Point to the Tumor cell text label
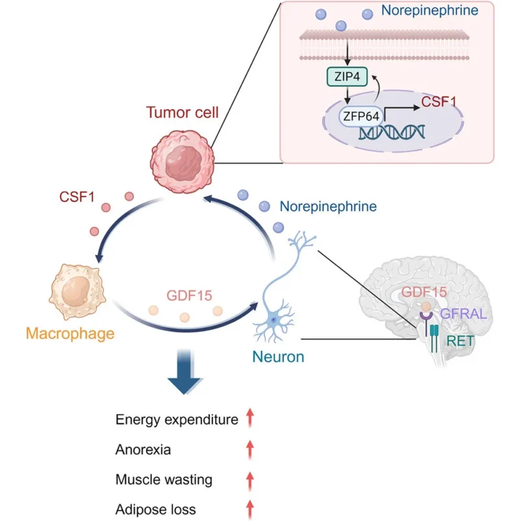point(182,115)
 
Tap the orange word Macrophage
point(70,335)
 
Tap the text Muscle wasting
point(163,480)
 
